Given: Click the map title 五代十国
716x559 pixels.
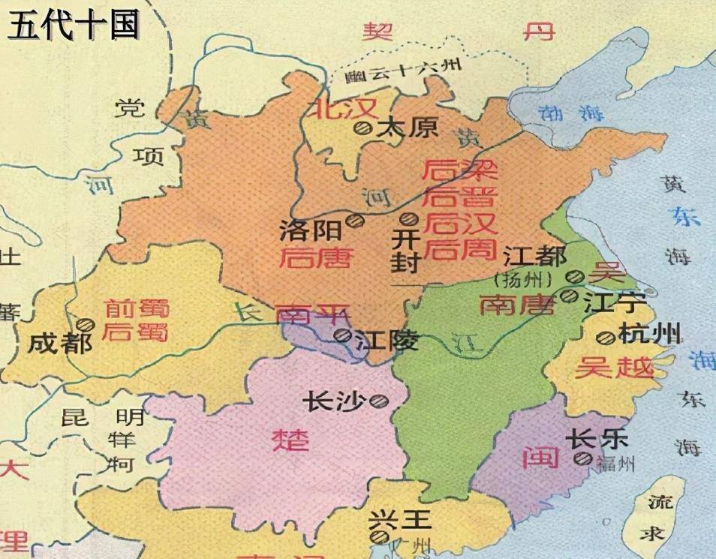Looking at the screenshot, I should [x=74, y=24].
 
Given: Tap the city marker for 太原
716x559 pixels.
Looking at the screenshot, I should [x=365, y=128].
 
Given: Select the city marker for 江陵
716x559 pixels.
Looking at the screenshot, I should [x=342, y=335].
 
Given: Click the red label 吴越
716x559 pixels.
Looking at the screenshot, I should [x=602, y=366].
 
